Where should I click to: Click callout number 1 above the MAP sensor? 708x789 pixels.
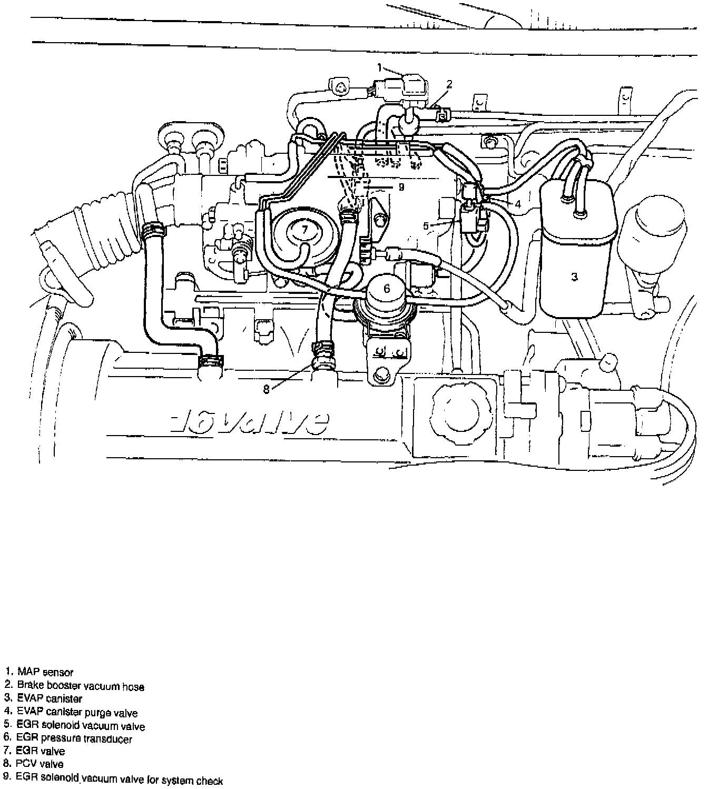(379, 67)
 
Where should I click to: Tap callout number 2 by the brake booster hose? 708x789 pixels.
(449, 84)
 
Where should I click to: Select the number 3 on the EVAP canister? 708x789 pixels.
(575, 276)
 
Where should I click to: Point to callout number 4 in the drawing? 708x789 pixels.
(518, 204)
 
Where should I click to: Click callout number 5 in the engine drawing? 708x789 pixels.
(426, 226)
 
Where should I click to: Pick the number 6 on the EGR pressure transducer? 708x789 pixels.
(387, 288)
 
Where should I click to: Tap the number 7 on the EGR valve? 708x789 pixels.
(304, 229)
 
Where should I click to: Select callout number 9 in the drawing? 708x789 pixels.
(401, 186)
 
